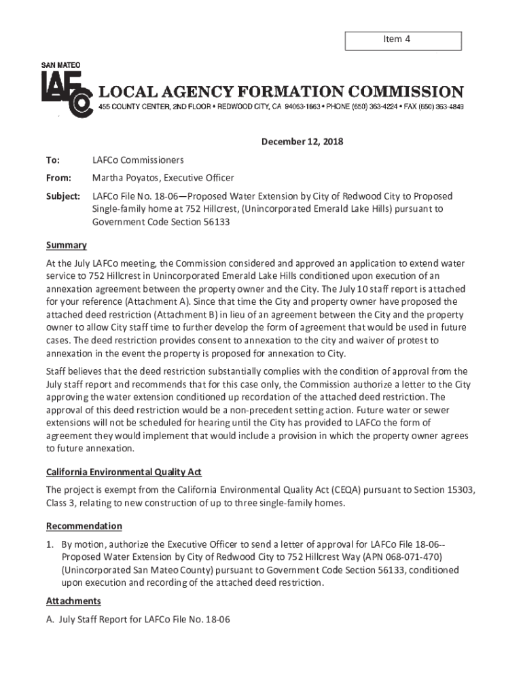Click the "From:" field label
point(58,178)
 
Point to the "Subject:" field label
point(62,196)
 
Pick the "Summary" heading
point(66,245)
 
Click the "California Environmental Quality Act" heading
point(124,472)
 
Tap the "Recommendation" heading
point(84,526)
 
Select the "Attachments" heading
point(73,601)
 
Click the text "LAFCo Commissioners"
point(138,160)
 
